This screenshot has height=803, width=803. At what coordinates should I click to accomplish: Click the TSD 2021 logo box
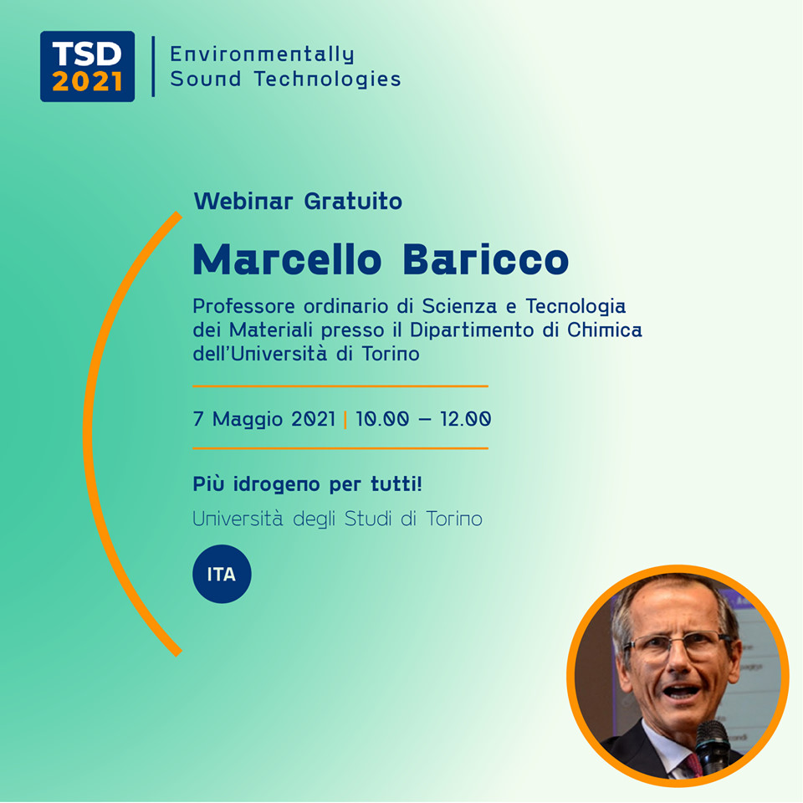(87, 66)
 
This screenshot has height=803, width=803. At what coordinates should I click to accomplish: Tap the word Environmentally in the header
(262, 54)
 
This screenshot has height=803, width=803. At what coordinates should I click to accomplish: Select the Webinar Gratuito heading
(298, 202)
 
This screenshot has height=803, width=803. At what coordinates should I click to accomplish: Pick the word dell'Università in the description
(253, 353)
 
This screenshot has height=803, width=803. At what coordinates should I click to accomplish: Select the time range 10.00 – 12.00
(423, 418)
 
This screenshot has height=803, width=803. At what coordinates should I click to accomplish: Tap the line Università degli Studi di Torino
(337, 519)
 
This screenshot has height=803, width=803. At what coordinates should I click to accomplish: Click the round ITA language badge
(222, 575)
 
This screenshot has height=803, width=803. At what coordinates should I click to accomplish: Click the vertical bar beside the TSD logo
(153, 66)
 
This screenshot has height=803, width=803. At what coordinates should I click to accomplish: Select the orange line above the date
(340, 386)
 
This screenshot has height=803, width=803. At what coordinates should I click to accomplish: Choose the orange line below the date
(340, 448)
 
